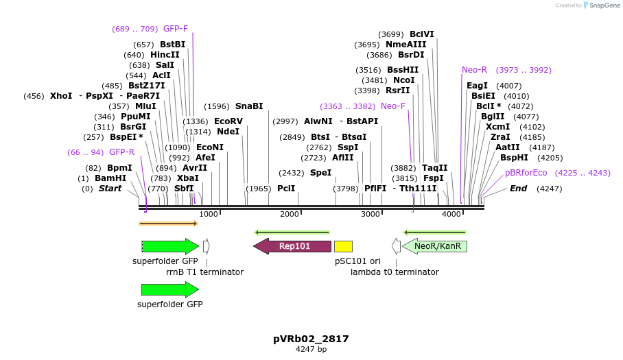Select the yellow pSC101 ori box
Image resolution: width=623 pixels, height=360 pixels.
(x=343, y=246)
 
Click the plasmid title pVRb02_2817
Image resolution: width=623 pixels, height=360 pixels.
(x=311, y=339)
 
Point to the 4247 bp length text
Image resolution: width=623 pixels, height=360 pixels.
(x=311, y=350)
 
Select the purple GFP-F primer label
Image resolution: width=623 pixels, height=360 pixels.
(x=175, y=29)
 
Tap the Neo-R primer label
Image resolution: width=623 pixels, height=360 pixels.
(x=474, y=70)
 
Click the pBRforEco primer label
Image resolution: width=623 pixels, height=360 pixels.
(x=526, y=173)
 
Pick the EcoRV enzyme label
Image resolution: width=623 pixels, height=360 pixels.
(x=228, y=121)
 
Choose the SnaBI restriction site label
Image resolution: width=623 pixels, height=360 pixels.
(x=249, y=106)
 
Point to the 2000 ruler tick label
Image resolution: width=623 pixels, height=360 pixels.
(x=290, y=215)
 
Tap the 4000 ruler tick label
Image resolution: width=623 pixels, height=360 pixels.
(x=451, y=215)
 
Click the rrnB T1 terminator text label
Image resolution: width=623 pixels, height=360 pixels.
(x=204, y=272)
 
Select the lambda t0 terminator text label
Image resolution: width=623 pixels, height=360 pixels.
(x=395, y=272)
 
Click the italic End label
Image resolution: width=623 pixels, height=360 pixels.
(x=518, y=189)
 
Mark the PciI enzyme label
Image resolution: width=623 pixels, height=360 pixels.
(x=286, y=189)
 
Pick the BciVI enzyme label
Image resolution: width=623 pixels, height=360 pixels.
(x=422, y=34)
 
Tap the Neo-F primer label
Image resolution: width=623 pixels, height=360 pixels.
(x=393, y=106)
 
